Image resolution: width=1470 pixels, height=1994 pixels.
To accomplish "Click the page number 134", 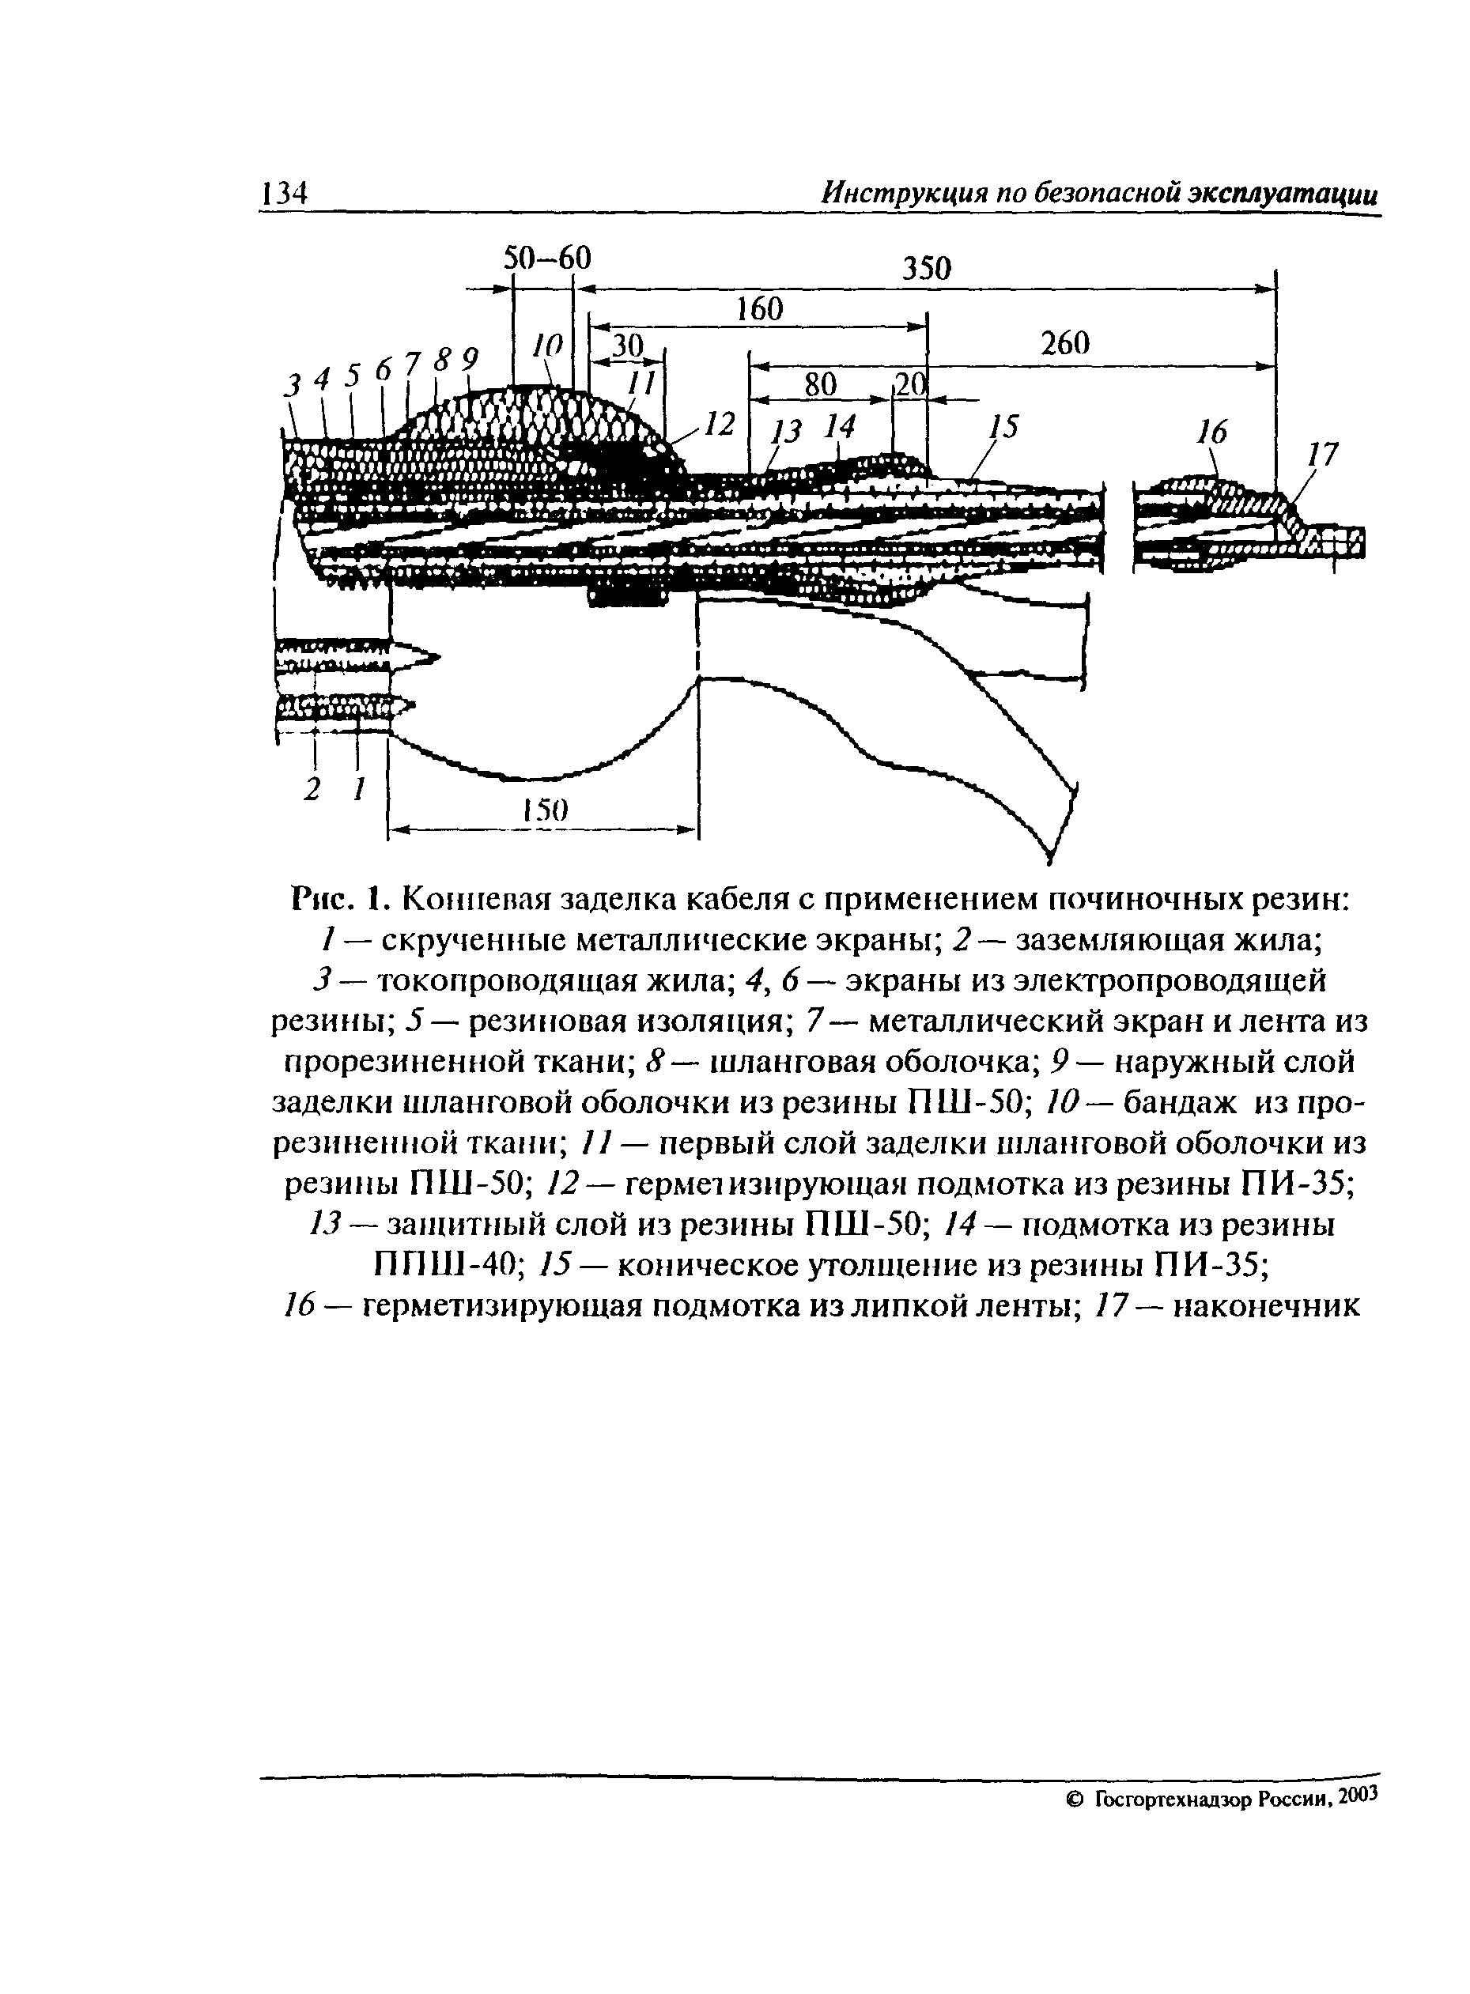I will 284,192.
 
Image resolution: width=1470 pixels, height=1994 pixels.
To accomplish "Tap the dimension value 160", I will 760,310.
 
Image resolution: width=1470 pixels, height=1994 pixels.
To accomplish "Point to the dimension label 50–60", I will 547,258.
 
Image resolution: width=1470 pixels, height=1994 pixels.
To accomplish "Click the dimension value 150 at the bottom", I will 545,810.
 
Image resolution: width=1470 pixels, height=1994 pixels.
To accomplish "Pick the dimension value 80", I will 821,384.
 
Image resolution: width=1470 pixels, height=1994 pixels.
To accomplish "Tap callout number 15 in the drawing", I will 1003,428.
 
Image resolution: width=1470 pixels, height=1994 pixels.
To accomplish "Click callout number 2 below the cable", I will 312,789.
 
